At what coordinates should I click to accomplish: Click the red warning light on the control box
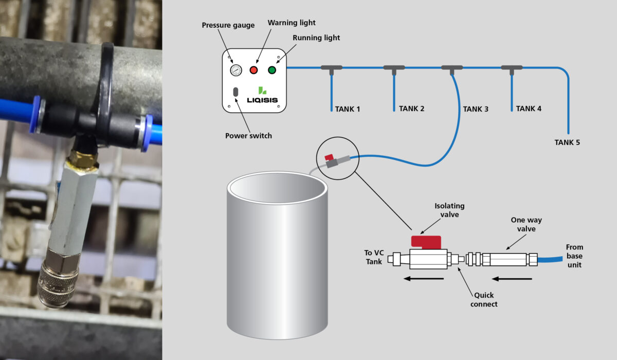tap(253, 70)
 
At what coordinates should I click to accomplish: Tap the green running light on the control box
tap(272, 70)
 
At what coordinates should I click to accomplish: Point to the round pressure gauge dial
tap(236, 70)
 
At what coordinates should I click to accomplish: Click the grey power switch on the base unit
tap(235, 92)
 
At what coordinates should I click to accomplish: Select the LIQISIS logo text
tap(262, 100)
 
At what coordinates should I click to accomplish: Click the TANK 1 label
tap(348, 109)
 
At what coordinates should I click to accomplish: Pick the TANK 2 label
tap(411, 109)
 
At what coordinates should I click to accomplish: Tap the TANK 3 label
tap(476, 109)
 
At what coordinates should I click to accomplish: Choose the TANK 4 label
tap(529, 109)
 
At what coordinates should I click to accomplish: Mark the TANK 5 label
tap(567, 142)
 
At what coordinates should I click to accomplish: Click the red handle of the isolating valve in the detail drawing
tap(426, 242)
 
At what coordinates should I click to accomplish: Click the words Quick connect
tap(484, 300)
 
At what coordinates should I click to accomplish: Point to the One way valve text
tap(527, 224)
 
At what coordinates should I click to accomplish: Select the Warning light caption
tap(292, 23)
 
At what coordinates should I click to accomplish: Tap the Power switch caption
tap(248, 136)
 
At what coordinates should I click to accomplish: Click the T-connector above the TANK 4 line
tap(512, 69)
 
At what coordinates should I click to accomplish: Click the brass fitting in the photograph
tap(83, 160)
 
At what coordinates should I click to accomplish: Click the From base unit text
tap(575, 256)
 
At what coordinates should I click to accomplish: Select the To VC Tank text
tap(374, 257)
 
